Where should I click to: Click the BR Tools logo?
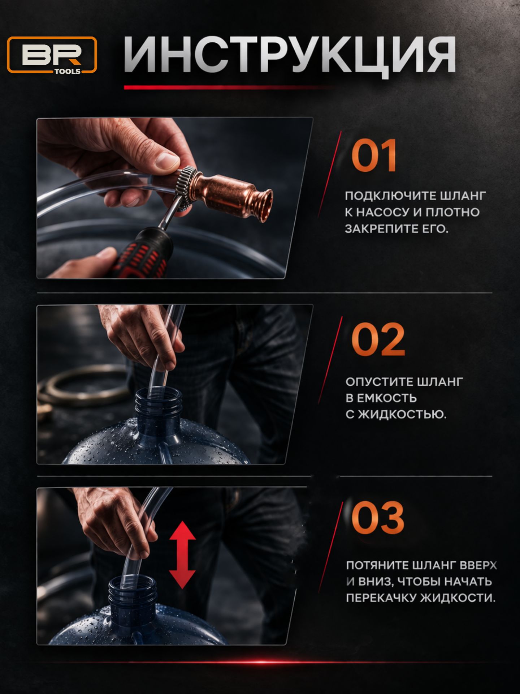(x=52, y=55)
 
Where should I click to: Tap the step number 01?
(x=374, y=155)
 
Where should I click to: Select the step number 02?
(x=378, y=339)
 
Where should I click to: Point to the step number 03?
(x=378, y=518)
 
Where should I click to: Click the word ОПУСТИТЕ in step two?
(x=379, y=382)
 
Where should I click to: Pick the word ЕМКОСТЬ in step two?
(x=387, y=398)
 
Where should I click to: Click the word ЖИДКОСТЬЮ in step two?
(x=402, y=415)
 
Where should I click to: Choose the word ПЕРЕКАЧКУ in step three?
(x=381, y=598)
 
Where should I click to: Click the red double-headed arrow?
(x=183, y=554)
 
